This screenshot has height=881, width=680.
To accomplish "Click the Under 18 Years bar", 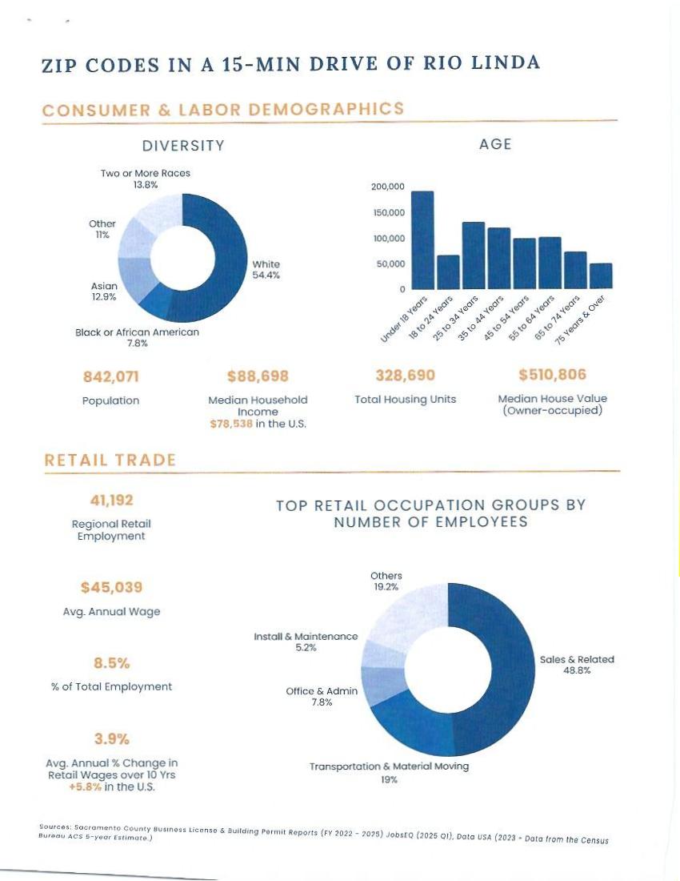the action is click(422, 240).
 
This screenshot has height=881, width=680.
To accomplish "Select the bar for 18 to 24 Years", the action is click(448, 272).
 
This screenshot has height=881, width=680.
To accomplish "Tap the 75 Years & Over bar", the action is click(601, 276).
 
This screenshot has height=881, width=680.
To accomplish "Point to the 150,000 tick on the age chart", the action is click(389, 213).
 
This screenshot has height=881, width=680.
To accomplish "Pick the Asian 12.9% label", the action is click(104, 291).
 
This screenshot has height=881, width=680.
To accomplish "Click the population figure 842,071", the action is click(111, 376).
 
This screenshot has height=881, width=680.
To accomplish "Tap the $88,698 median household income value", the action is click(258, 376).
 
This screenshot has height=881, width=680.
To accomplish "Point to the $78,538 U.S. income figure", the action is click(231, 424).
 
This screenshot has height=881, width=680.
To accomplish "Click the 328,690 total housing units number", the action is click(405, 375).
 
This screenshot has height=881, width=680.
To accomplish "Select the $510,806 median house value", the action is click(553, 374).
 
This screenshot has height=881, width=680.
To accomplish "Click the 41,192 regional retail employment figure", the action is click(112, 500).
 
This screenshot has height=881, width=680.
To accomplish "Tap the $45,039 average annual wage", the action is click(112, 587).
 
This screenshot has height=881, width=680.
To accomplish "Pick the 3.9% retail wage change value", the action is click(112, 738).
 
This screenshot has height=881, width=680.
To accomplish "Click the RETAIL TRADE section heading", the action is click(110, 461).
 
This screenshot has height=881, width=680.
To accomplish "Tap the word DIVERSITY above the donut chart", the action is click(183, 146).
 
